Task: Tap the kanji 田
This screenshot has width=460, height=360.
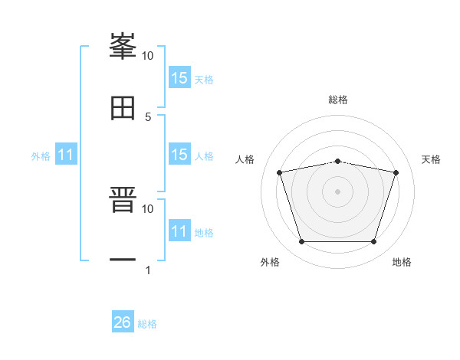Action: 123,108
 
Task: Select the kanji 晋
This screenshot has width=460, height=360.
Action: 123,201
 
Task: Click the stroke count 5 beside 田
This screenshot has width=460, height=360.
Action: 148,116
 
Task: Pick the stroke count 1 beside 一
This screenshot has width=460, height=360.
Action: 147,270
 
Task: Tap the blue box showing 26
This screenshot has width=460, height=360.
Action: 123,322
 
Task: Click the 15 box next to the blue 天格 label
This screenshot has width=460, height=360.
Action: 179,78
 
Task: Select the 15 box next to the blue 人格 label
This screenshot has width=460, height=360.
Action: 179,155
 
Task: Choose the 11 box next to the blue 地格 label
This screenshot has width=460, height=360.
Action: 179,231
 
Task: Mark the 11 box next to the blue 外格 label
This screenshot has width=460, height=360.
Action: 66,155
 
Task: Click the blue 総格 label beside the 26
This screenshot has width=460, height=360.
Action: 147,324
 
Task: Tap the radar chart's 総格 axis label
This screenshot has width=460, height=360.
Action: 338,100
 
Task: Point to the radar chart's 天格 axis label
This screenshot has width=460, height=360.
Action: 432,159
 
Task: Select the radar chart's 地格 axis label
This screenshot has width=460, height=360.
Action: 402,262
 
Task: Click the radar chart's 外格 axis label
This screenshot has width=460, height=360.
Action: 270,262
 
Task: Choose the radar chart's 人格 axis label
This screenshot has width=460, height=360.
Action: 245,159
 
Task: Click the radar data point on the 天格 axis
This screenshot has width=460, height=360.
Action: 396,172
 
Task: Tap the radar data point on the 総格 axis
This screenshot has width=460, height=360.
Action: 338,161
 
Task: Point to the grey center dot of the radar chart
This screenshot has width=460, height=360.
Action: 338,191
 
